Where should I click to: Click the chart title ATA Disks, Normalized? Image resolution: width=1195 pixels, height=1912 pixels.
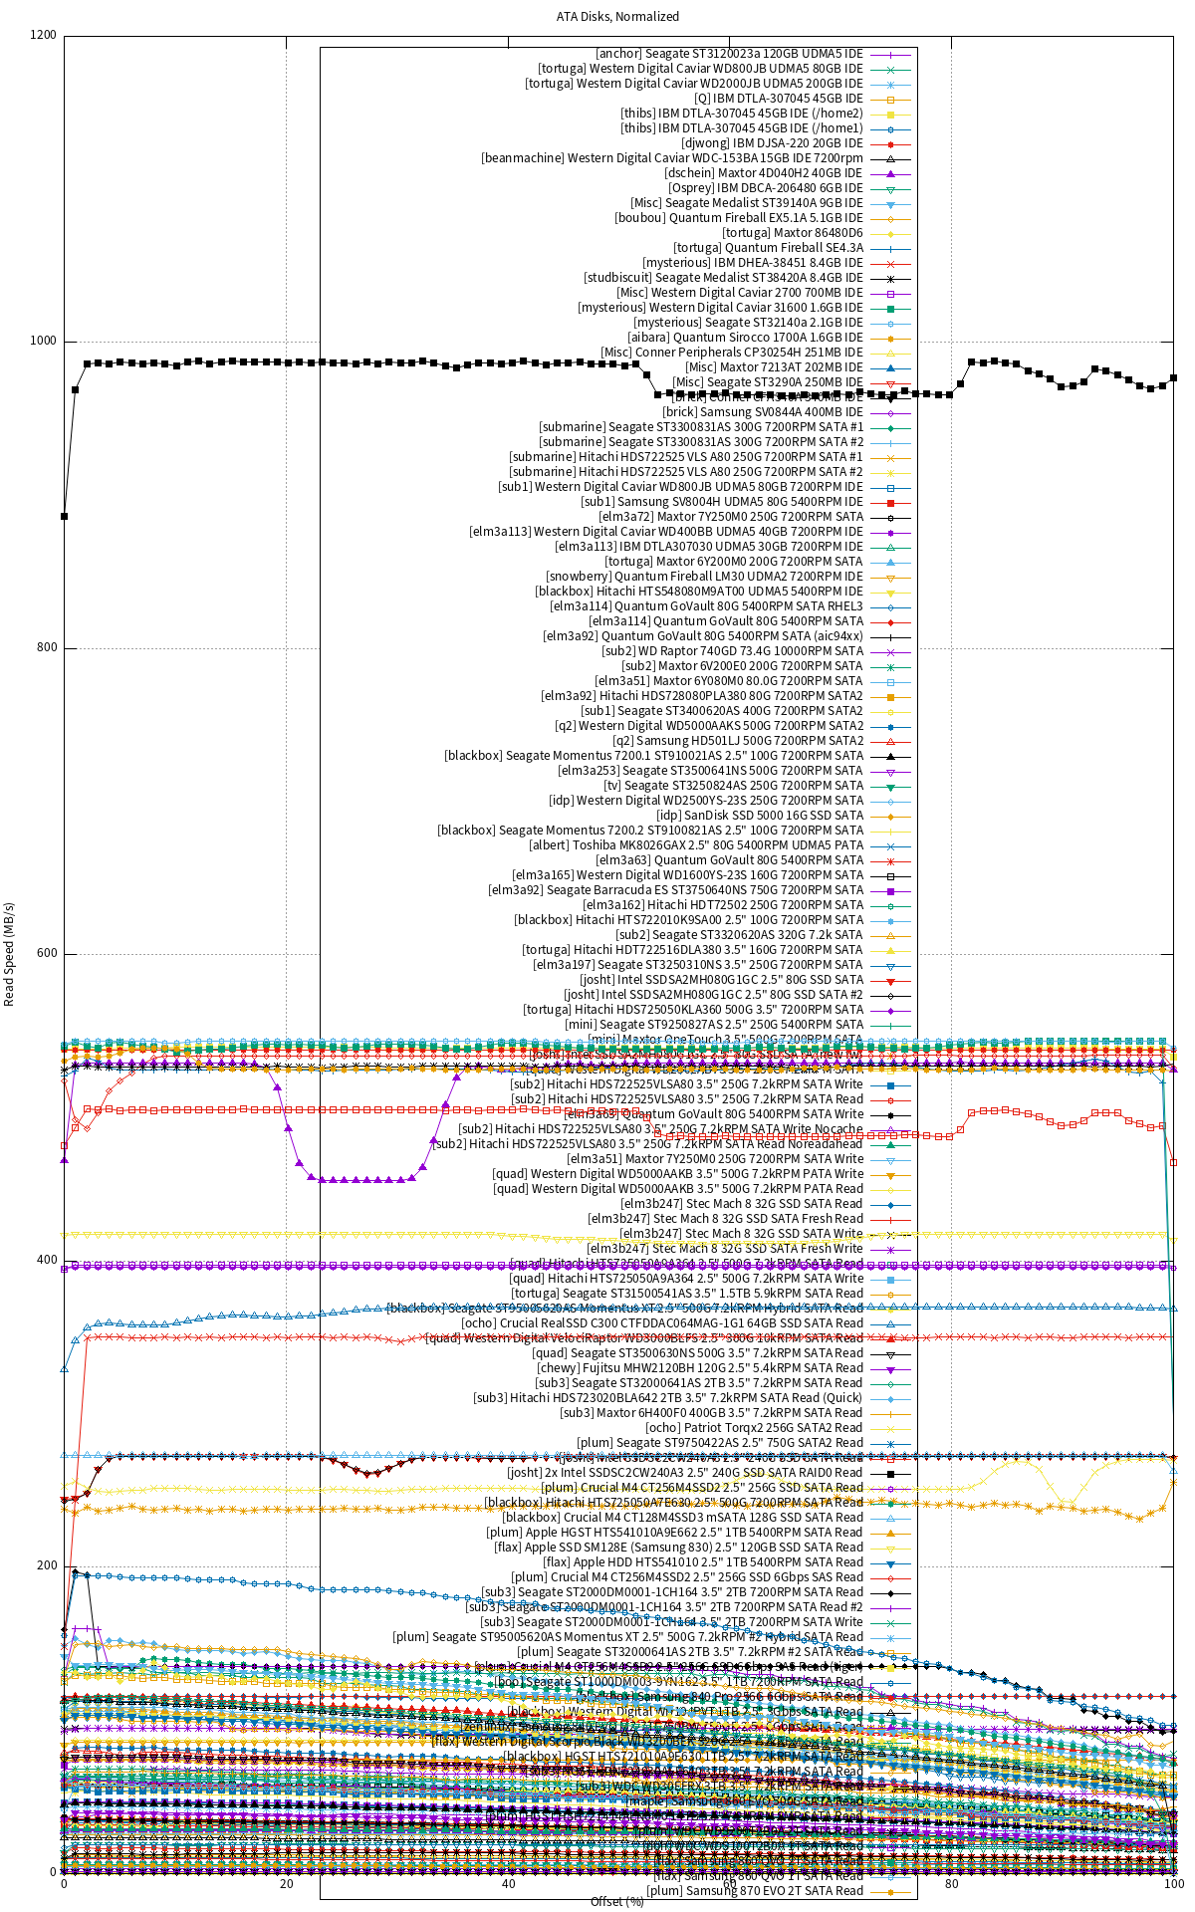(x=617, y=16)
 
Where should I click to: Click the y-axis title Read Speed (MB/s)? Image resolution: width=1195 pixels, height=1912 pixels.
(x=10, y=954)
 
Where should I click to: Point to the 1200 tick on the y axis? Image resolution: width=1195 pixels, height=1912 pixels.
(x=44, y=35)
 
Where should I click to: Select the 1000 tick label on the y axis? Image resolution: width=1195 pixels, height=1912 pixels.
(x=44, y=341)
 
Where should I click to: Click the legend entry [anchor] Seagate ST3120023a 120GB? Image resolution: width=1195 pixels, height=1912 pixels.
(x=729, y=54)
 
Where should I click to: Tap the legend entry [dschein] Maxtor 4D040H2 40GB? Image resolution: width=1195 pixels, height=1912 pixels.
(x=764, y=173)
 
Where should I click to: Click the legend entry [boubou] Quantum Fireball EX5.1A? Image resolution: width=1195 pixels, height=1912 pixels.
(x=738, y=218)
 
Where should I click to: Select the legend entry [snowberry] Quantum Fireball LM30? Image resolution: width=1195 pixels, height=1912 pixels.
(x=704, y=577)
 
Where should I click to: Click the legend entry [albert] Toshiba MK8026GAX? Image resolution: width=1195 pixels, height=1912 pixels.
(x=696, y=845)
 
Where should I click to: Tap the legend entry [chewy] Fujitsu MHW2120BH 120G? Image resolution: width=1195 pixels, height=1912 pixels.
(x=700, y=1368)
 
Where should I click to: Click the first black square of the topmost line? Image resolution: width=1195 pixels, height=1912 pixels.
(x=65, y=516)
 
